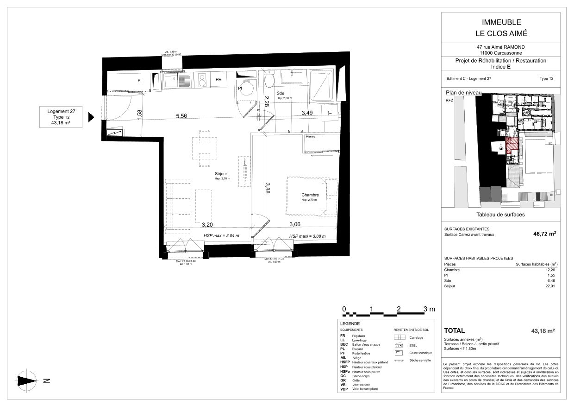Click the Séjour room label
[x=221, y=174]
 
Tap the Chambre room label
[x=309, y=195]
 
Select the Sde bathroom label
[x=281, y=93]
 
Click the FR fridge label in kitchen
[x=218, y=80]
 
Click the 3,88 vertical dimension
[x=267, y=190]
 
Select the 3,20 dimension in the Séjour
[x=207, y=225]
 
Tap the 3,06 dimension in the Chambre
[x=295, y=225]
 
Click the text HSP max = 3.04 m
[x=221, y=236]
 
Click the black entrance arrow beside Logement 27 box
[x=91, y=117]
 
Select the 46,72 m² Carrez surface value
[x=544, y=235]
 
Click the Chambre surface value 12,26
[x=550, y=270]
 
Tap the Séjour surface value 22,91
[x=550, y=286]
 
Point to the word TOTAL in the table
[x=454, y=331]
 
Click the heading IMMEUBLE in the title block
[x=492, y=22]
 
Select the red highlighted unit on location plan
[x=512, y=146]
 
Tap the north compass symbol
[x=27, y=381]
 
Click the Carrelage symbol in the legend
[x=399, y=337]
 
